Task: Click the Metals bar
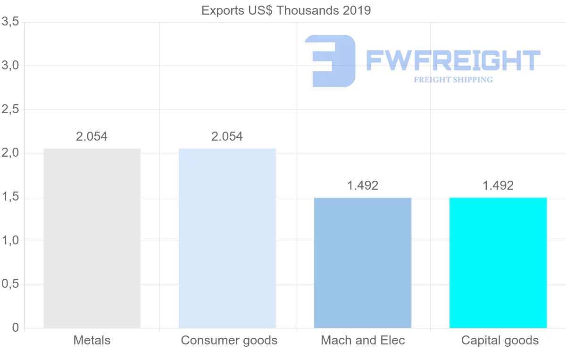[x=92, y=238]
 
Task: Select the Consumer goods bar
[x=227, y=238]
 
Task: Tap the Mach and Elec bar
[x=363, y=262]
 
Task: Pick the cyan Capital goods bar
[x=498, y=262]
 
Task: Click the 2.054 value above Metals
[x=92, y=137]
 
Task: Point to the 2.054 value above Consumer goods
[x=227, y=137]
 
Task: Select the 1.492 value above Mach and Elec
[x=363, y=185]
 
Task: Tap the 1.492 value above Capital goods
[x=498, y=185]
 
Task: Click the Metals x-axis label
[x=92, y=340]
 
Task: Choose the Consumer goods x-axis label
[x=229, y=340]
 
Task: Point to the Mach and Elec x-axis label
[x=363, y=340]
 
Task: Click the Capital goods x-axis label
[x=500, y=340]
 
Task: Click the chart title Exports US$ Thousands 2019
[x=286, y=10]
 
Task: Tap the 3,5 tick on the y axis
[x=10, y=22]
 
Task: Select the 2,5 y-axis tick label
[x=10, y=109]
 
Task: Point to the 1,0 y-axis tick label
[x=10, y=241]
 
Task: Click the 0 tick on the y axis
[x=15, y=328]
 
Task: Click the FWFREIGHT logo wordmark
[x=453, y=60]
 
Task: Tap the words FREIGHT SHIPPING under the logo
[x=453, y=80]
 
